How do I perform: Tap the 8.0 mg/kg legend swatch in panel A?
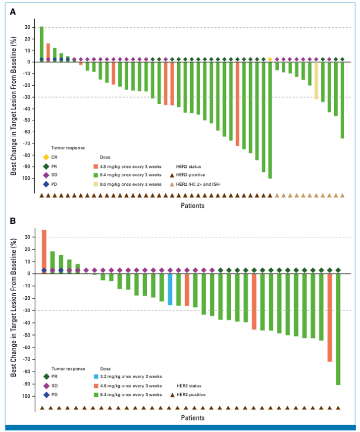(x=96, y=184)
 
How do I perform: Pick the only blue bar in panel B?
(x=170, y=289)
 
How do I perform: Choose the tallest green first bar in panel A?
(x=42, y=43)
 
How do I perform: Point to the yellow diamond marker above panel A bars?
(x=270, y=59)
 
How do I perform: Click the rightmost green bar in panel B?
(x=338, y=329)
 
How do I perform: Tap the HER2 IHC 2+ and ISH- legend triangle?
(x=173, y=184)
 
